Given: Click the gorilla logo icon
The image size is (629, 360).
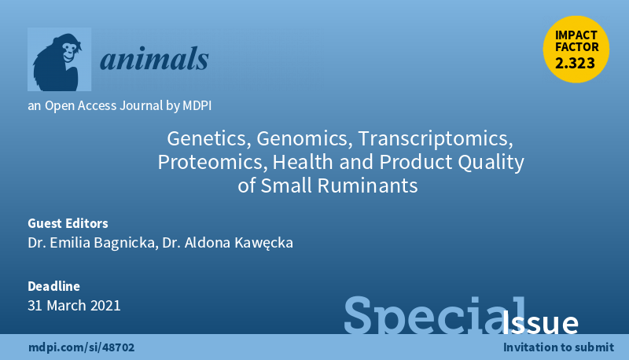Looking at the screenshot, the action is coord(60,59).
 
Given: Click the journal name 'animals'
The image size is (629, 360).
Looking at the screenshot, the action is coord(154,59).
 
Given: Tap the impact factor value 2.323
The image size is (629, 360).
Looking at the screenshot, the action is coord(575,64).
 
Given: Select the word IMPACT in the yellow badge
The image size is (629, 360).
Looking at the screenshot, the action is coord(576,35).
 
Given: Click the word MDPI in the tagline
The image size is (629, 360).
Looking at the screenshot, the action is coord(197,105).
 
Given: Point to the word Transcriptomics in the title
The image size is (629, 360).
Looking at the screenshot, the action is coord(436,138).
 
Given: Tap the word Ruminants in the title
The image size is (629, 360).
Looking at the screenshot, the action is coord(367,186).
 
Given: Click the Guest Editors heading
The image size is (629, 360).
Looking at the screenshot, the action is coord(68,223).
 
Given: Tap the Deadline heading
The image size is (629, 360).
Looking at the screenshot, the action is coord(53,286).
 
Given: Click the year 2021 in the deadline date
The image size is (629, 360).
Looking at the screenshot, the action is coord(105,306).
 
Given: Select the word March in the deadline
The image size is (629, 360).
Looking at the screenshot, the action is coord(67,306).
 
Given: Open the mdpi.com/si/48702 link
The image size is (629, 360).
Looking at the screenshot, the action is coord(82,347).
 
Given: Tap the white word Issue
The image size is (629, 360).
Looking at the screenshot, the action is coord(539,323).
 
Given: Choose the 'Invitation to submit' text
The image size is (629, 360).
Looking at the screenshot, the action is coord(558,347).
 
